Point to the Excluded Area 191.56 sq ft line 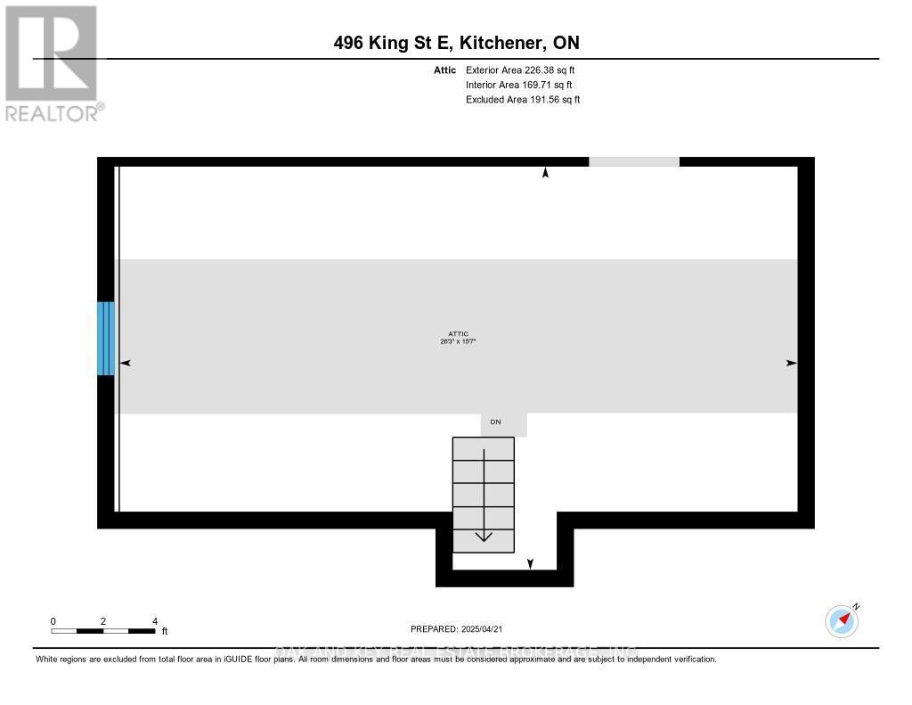coord(523,100)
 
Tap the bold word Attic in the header coord(445,70)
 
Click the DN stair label coord(496,422)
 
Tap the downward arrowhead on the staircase coord(484,536)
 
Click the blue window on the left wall coord(106,338)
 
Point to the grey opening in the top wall coord(634,161)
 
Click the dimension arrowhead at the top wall coord(545,173)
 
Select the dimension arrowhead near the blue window coord(125,363)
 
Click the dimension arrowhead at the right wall coord(791,363)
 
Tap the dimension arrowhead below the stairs coord(531,563)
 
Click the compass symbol coord(842,620)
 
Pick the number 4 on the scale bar coord(155,621)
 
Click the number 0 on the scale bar coord(53,621)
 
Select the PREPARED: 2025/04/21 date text coord(457,628)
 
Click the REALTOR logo coord(52,62)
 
